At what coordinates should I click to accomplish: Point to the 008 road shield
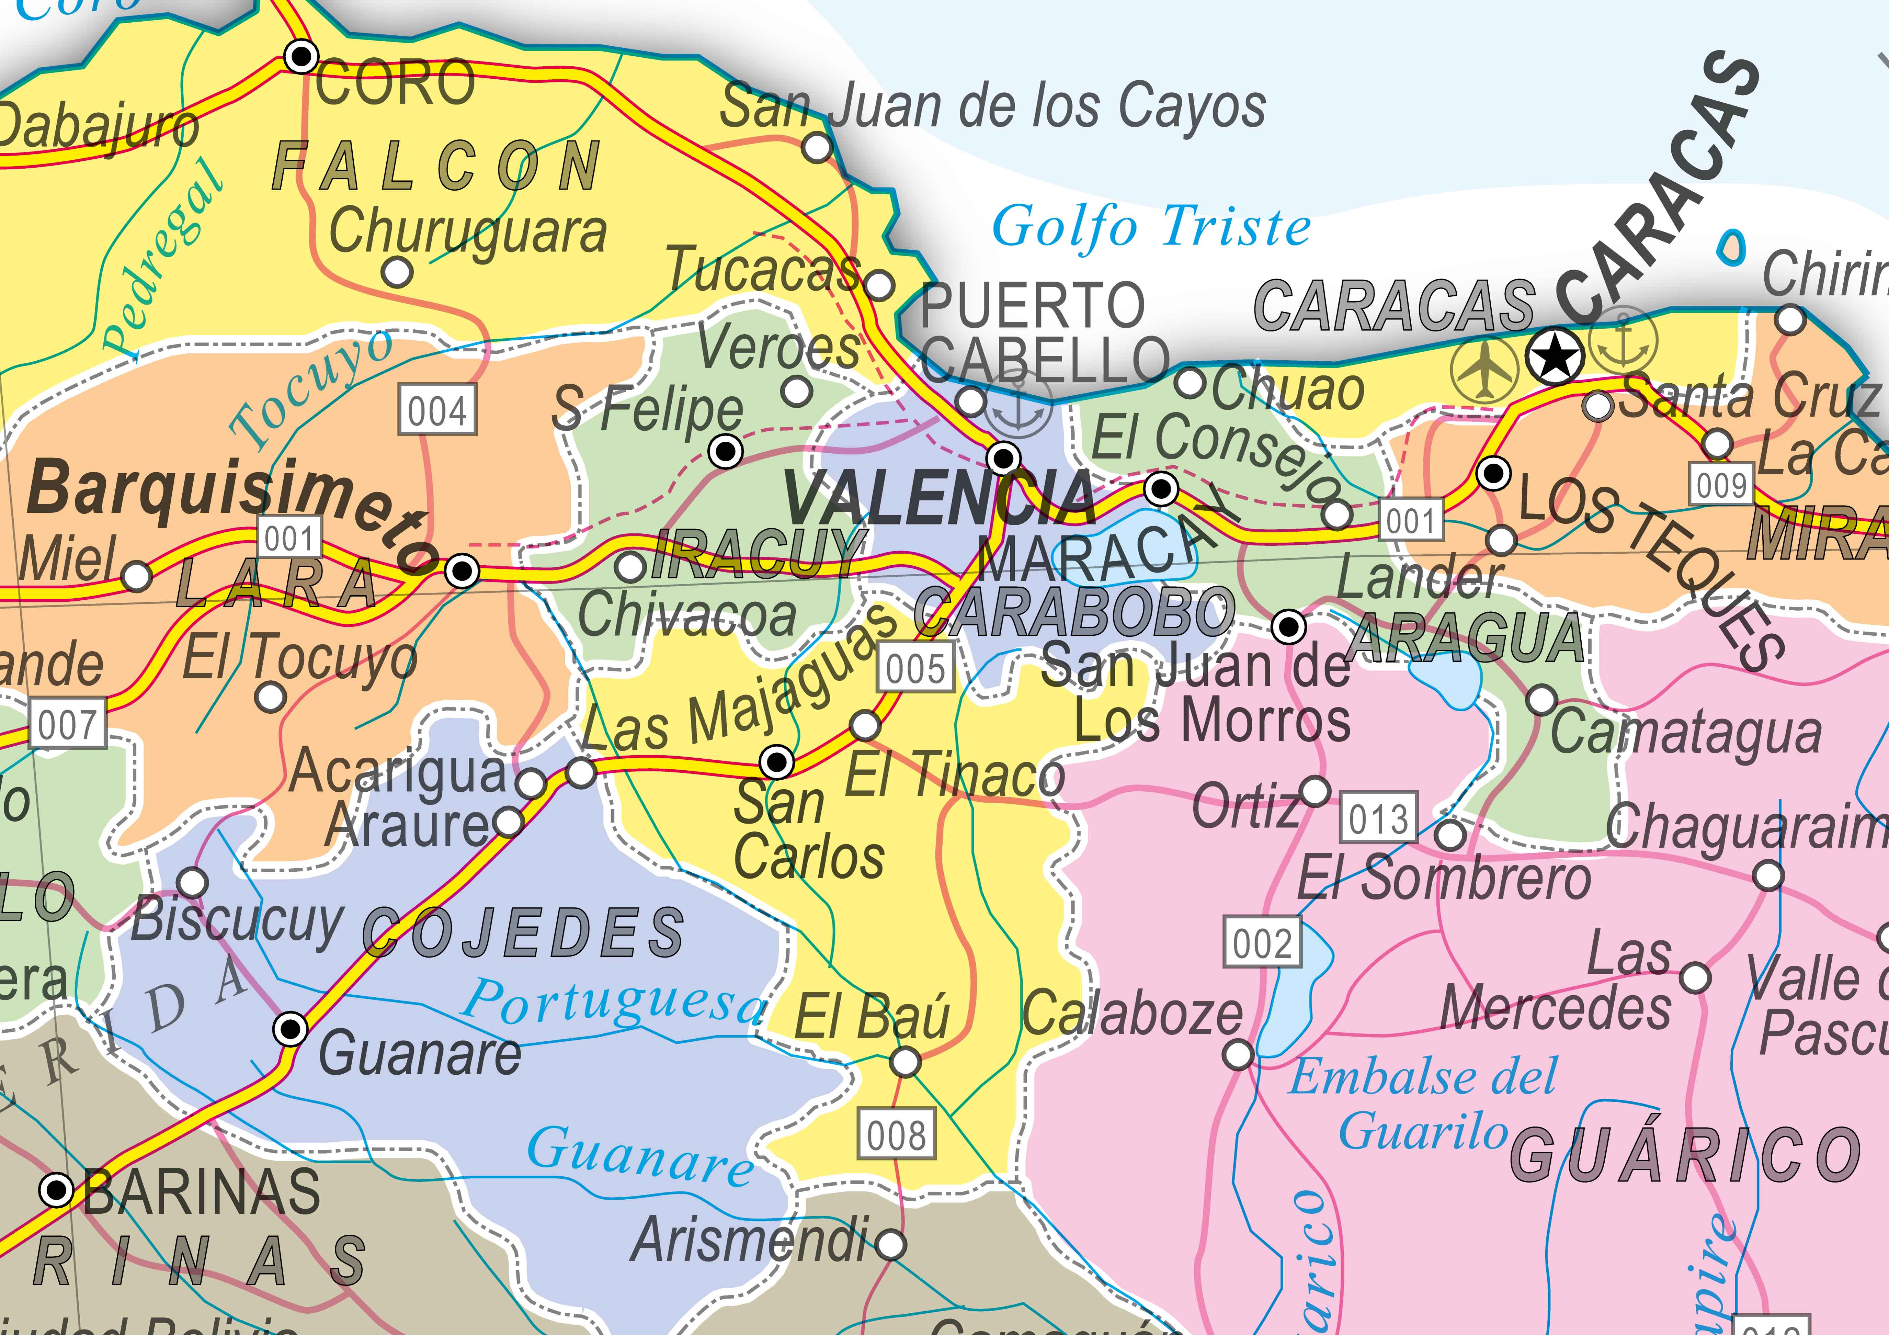tap(896, 1135)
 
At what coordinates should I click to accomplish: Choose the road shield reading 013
tap(1378, 817)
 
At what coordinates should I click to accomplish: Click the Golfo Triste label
tap(1150, 226)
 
